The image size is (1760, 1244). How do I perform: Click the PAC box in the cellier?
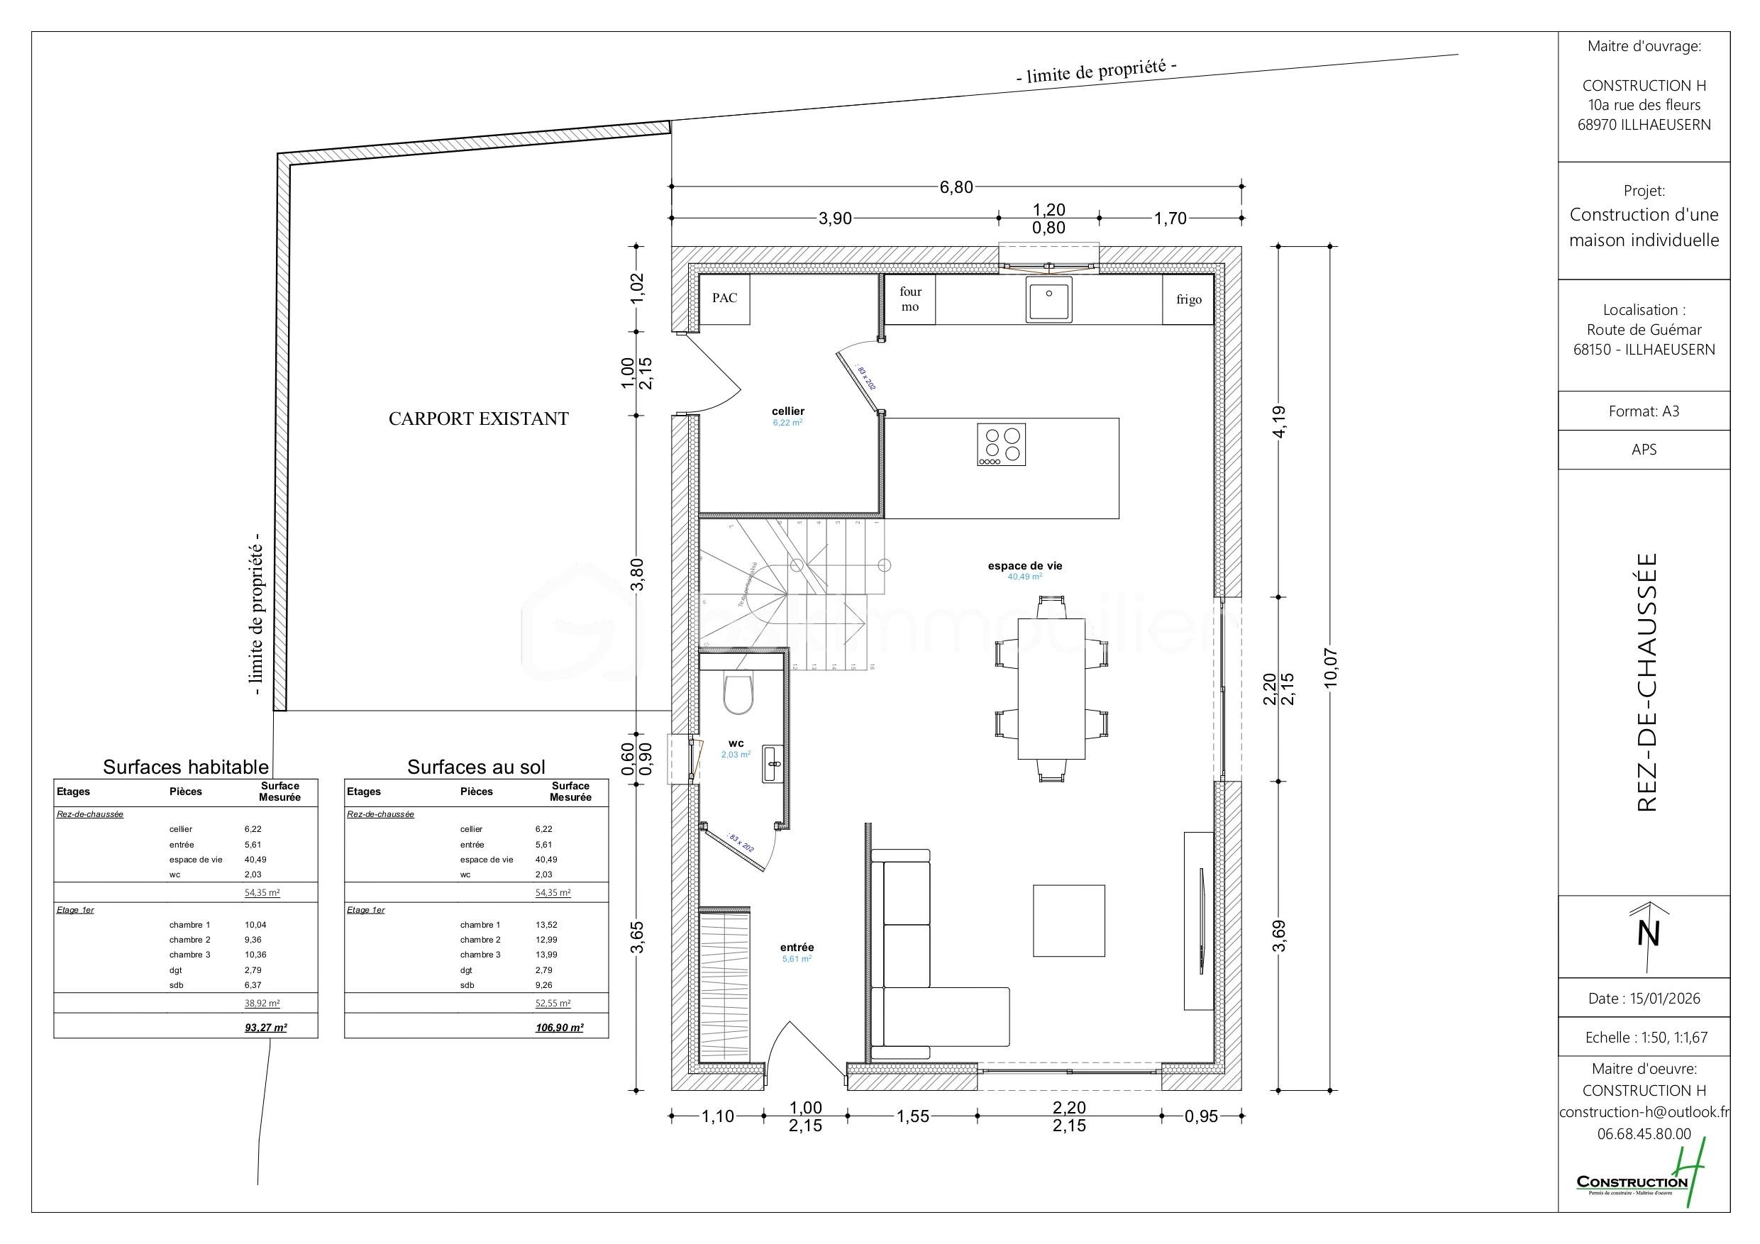coord(724,298)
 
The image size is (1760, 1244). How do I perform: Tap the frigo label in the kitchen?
coord(1189,300)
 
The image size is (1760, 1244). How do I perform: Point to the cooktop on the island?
coord(1001,445)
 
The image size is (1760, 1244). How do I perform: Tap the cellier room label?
coord(788,411)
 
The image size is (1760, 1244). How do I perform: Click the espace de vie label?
coord(1025,567)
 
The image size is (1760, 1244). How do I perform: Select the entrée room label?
coord(797,948)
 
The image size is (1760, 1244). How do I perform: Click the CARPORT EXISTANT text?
coord(478,419)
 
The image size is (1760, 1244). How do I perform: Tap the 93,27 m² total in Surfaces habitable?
coord(265,1028)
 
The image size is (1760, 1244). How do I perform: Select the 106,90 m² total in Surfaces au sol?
coord(559,1028)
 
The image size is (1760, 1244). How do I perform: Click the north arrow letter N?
coord(1648,933)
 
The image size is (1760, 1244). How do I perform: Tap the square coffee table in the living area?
coord(1068,921)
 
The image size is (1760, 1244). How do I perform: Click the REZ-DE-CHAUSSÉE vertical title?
coord(1646,682)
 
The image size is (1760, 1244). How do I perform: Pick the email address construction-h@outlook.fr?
coord(1643,1112)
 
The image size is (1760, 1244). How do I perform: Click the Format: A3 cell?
coord(1644,411)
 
